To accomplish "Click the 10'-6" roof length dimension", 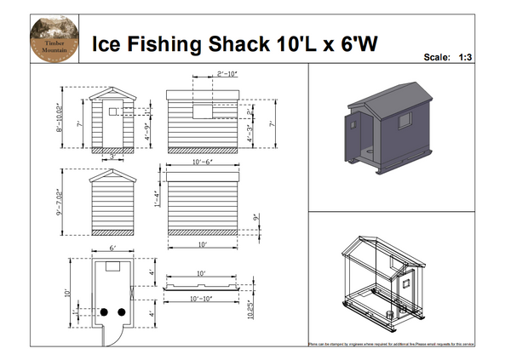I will coord(204,160).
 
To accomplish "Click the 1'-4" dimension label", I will coord(157,198).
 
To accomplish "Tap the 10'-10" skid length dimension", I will coord(201,299).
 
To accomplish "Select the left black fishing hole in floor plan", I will coord(104,312).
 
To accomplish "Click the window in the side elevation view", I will coord(202,111).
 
